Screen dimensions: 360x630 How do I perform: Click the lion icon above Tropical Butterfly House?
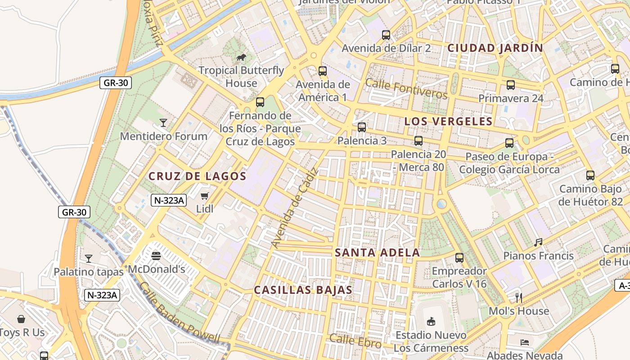241,57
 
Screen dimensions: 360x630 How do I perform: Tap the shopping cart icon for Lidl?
205,196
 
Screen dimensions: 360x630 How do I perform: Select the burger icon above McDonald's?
156,256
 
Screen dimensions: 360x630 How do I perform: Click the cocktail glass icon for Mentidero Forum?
163,123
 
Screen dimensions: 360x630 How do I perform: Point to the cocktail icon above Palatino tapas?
89,259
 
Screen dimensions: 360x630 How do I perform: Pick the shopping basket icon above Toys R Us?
21,319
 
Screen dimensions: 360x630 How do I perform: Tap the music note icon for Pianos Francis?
538,243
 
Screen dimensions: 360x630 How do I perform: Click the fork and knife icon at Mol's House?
519,297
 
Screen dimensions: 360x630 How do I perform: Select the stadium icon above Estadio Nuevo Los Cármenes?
431,321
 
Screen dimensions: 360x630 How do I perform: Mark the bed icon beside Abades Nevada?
524,342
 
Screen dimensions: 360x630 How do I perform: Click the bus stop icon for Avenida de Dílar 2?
386,35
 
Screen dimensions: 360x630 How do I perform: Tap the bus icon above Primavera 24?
511,85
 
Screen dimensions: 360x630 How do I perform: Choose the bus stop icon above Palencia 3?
362,127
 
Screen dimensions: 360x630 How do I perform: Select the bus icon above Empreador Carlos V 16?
459,258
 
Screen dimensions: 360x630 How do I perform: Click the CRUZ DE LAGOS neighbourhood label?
198,176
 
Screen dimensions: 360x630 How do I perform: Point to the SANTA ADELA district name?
378,252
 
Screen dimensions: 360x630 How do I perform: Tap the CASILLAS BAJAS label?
303,290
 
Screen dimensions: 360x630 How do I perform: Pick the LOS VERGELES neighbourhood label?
448,121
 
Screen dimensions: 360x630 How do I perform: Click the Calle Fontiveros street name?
406,89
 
